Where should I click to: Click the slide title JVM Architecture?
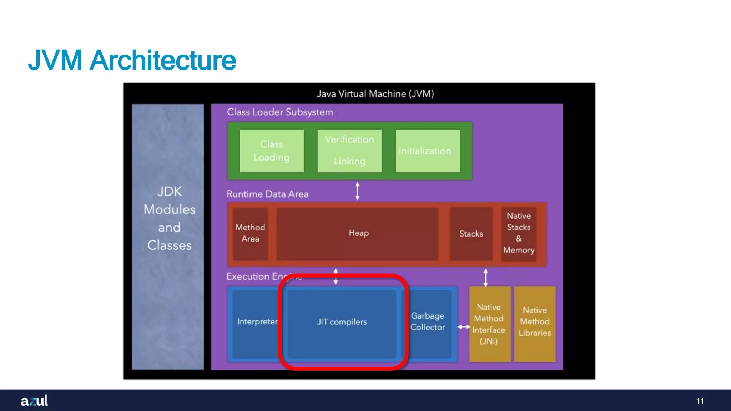[x=132, y=60]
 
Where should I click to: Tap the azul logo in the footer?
[x=34, y=400]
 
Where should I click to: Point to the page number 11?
[x=700, y=401]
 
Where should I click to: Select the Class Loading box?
[x=272, y=151]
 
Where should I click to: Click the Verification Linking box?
[x=349, y=151]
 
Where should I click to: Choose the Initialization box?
[x=428, y=151]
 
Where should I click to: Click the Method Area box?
[x=250, y=233]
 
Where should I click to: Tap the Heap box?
[x=358, y=233]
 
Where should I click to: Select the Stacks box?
[x=471, y=234]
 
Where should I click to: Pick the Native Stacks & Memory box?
[x=519, y=233]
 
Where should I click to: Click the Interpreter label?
[x=257, y=322]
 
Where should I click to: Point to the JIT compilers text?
[x=342, y=322]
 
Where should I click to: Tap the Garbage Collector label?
[x=428, y=321]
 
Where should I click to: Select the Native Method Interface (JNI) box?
[x=489, y=324]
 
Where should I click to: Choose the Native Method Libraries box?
[x=535, y=322]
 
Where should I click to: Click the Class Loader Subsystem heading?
[x=280, y=112]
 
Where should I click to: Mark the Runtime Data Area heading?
[x=267, y=194]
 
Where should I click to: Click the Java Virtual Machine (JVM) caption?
[x=375, y=94]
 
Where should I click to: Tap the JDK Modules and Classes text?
[x=169, y=218]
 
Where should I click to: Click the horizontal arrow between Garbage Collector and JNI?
[x=464, y=327]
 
